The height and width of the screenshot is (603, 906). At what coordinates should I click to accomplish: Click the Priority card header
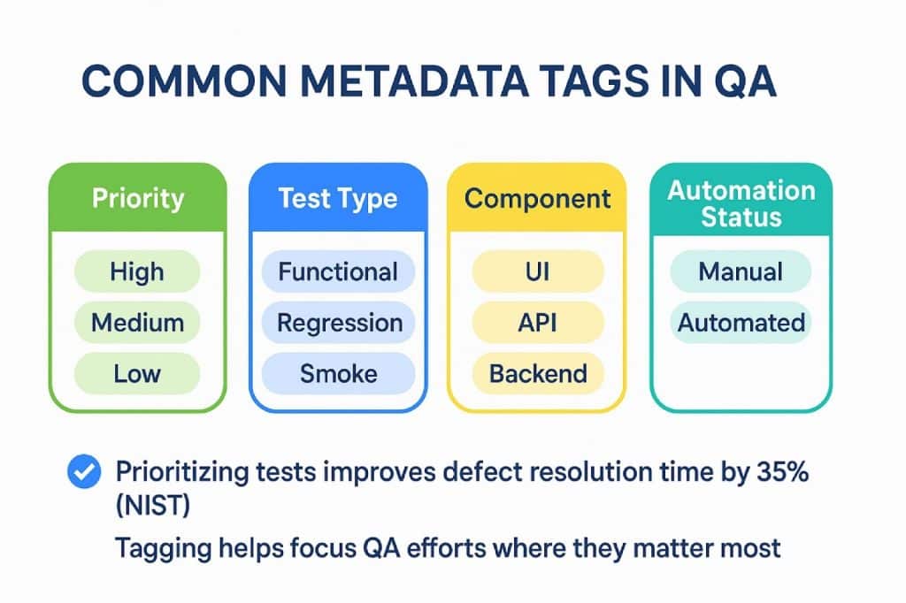click(137, 198)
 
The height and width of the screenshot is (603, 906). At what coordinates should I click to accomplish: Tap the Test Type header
click(338, 198)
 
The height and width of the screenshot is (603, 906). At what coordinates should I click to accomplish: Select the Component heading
click(537, 198)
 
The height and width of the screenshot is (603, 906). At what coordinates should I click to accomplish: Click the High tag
click(137, 271)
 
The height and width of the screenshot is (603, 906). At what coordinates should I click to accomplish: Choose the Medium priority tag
click(137, 323)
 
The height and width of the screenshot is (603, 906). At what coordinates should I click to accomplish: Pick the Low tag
click(137, 373)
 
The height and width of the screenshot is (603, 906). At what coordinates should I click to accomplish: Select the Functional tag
click(338, 271)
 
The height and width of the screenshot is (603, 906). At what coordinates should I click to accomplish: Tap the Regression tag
click(338, 323)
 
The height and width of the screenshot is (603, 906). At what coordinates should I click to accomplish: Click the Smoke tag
click(338, 373)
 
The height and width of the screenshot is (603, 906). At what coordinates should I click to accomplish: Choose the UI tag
click(537, 271)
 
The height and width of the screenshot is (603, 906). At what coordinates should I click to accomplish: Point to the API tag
click(537, 323)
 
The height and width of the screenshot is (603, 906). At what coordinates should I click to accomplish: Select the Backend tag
click(537, 373)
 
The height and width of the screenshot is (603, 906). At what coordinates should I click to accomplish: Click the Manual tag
click(741, 271)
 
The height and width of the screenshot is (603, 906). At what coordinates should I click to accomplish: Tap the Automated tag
click(741, 323)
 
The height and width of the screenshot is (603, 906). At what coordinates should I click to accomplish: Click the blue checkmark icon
click(84, 471)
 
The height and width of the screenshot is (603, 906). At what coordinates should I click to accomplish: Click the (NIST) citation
click(152, 506)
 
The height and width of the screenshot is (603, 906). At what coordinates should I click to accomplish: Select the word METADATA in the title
click(414, 80)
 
